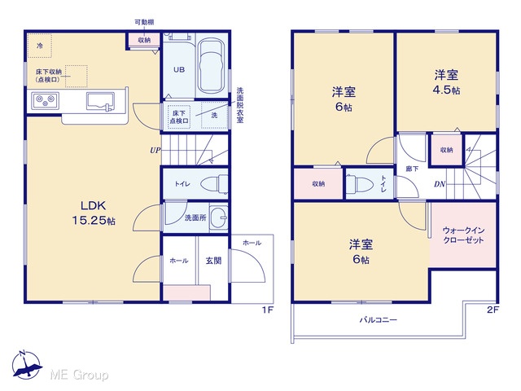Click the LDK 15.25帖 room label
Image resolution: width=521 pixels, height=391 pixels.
[94, 213]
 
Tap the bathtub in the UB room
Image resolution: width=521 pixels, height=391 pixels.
[212, 68]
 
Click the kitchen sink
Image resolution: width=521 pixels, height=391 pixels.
[100, 101]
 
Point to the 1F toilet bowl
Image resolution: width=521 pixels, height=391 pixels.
[213, 184]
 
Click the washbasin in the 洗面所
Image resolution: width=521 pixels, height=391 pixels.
[219, 217]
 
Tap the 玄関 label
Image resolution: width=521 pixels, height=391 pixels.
[213, 261]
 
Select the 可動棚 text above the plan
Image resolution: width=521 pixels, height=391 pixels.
[144, 22]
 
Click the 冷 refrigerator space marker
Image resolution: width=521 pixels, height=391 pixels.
[40, 46]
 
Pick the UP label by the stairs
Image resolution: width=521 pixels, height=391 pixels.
[155, 150]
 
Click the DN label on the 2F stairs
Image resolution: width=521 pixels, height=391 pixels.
[440, 184]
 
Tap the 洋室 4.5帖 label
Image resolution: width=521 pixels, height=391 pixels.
[447, 82]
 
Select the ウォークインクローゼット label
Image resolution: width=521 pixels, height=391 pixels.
[463, 235]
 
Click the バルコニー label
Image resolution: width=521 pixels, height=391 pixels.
[378, 320]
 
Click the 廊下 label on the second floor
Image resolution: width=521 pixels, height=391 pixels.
[412, 169]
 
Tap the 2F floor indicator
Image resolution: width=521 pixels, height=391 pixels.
[493, 310]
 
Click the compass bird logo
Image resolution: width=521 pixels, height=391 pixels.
[27, 366]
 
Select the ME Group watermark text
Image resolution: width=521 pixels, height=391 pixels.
[79, 375]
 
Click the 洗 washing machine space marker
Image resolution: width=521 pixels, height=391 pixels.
[214, 115]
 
